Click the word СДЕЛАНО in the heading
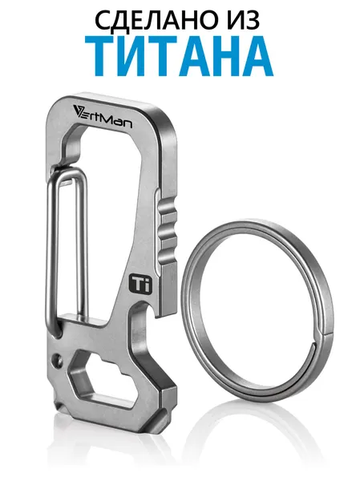click(151, 20)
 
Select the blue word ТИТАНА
click(180, 56)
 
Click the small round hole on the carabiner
click(56, 358)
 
